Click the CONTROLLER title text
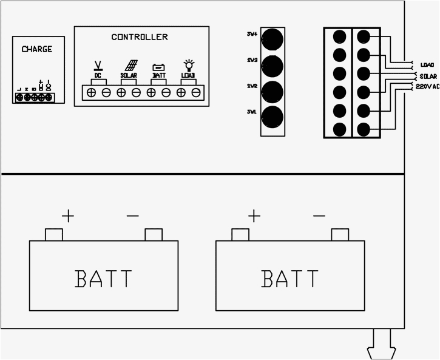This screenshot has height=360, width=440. [140, 37]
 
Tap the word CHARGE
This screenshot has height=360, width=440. [37, 49]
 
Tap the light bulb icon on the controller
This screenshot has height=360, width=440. [188, 65]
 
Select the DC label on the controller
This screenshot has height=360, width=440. [98, 75]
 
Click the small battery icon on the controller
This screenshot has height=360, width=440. [158, 67]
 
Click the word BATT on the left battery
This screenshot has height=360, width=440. [103, 279]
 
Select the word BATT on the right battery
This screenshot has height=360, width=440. [289, 279]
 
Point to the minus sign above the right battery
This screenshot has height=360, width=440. [319, 216]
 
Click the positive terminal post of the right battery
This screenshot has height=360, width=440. [240, 234]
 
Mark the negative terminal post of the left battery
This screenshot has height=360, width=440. [153, 234]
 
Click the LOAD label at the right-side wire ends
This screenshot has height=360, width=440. [427, 64]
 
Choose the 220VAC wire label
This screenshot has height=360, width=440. [428, 87]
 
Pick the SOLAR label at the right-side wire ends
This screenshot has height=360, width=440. [428, 76]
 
